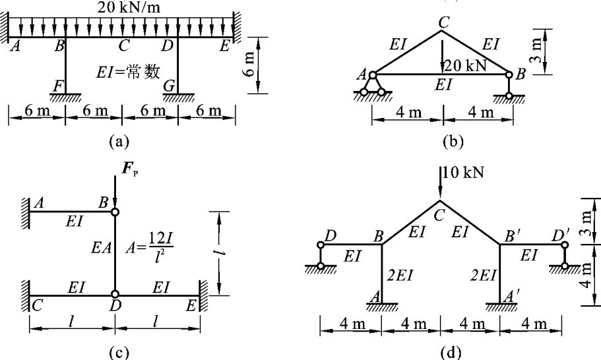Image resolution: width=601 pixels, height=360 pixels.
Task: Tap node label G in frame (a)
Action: (169, 85)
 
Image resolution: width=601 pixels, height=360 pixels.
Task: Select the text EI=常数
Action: (131, 71)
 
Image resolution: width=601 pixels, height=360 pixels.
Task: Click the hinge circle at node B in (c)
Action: (115, 212)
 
